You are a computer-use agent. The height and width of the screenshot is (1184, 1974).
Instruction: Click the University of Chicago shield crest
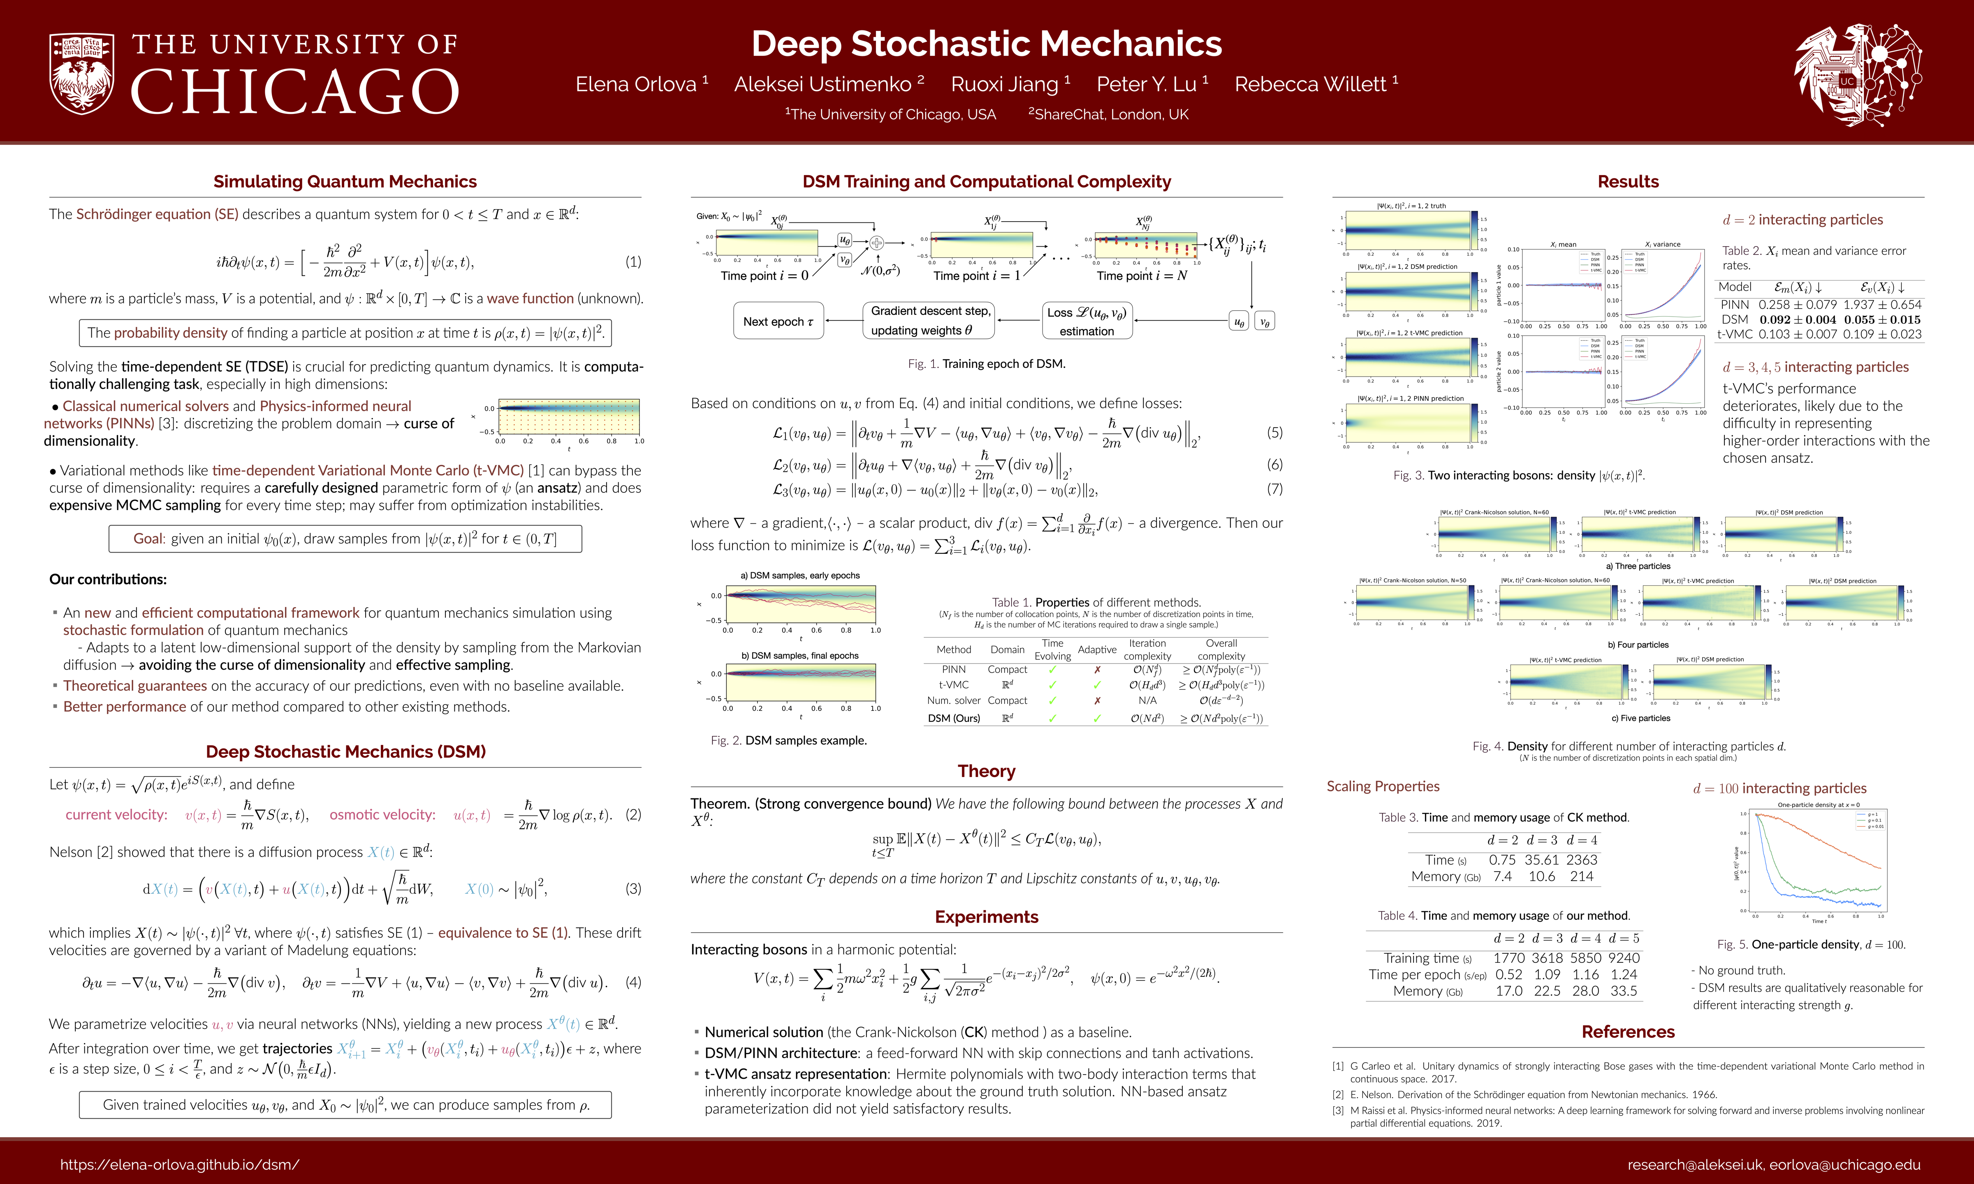[x=81, y=74]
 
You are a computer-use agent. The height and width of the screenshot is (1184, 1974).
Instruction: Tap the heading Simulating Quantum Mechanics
[x=345, y=182]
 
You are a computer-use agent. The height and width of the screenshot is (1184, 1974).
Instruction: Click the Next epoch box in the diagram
[x=778, y=321]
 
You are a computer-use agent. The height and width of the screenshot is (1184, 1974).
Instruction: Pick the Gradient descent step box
[x=929, y=321]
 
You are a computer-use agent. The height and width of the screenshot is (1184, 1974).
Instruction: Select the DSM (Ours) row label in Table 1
[x=954, y=718]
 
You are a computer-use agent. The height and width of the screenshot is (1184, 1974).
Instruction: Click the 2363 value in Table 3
[x=1581, y=859]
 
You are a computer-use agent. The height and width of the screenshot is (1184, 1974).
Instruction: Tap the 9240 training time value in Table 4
[x=1624, y=957]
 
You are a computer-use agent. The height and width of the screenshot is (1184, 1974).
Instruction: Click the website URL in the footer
[x=180, y=1165]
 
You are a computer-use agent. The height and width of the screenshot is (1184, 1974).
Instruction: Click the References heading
[x=1628, y=1031]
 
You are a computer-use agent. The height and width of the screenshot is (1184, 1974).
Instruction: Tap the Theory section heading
[x=986, y=771]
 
